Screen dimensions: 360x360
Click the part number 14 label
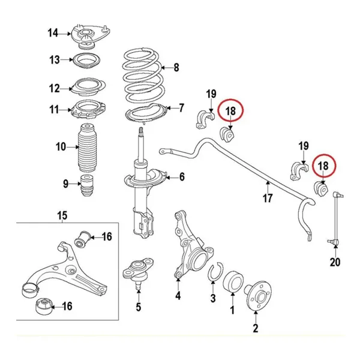[53, 33]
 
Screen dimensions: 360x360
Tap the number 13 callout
[55, 60]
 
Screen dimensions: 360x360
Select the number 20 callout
[335, 262]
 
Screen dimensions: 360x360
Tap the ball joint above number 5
[139, 268]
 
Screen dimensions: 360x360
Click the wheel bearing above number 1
[233, 280]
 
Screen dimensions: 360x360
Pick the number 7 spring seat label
[182, 109]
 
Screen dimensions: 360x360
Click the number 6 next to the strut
[181, 177]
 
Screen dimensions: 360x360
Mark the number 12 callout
[55, 89]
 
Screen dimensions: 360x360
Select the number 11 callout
[55, 110]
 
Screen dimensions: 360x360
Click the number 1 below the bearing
[232, 310]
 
